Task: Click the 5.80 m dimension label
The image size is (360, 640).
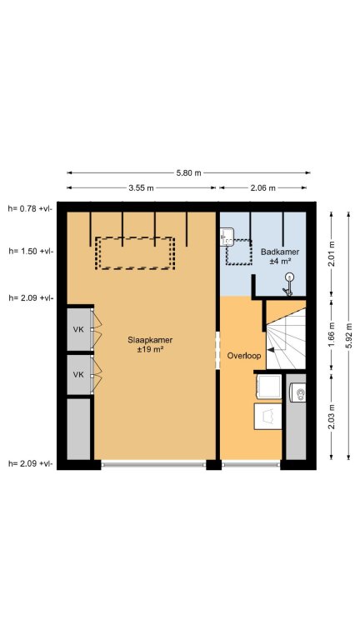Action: point(188,172)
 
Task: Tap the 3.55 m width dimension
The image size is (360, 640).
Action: point(141,187)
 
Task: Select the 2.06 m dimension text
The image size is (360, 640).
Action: point(262,187)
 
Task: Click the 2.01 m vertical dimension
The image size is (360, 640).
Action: point(332,253)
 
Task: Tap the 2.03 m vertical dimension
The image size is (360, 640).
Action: point(332,417)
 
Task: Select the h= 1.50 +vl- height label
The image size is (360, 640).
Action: point(31,251)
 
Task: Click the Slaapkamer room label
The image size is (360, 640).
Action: point(150,340)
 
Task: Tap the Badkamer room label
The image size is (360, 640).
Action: point(280,252)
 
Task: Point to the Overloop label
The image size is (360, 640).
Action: point(244,356)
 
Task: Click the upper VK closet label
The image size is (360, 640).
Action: point(78,329)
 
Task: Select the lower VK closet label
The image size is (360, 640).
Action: point(78,374)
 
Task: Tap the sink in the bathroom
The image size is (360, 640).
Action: point(227,237)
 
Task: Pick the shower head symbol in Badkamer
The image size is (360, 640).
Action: point(288,284)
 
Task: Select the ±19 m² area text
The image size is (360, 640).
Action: point(150,350)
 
